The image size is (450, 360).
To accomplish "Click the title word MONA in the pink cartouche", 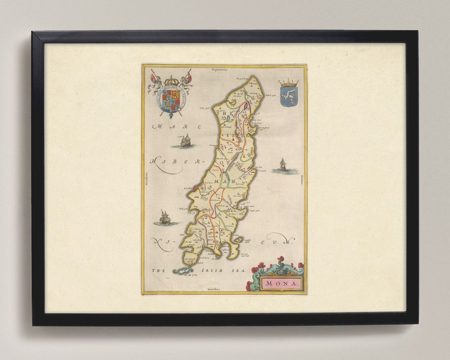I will pyautogui.click(x=282, y=282).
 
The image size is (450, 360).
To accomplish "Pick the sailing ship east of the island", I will pyautogui.click(x=283, y=166).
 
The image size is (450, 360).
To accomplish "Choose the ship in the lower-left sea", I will pyautogui.click(x=164, y=217).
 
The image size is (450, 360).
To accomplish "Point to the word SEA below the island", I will pyautogui.click(x=240, y=271).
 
